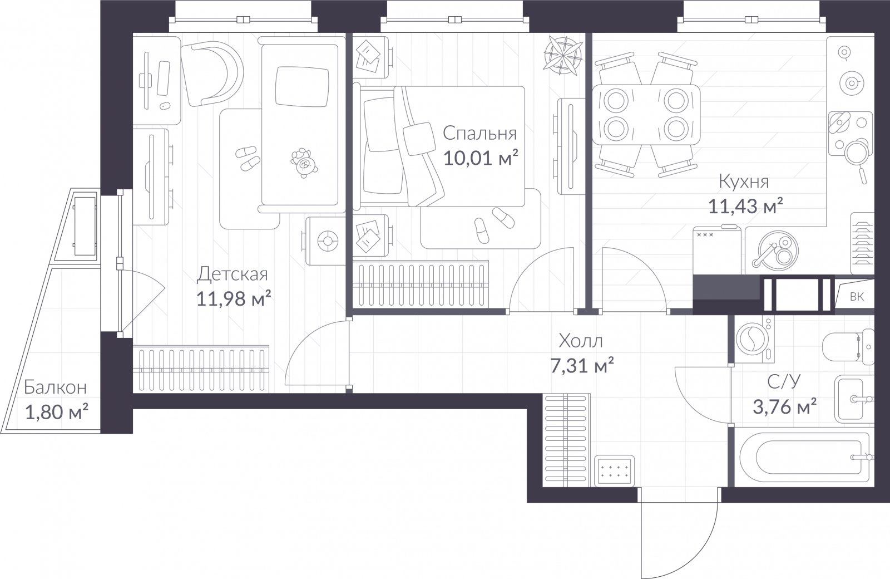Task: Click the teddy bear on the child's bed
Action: [303, 163]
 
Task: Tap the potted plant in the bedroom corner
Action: [563, 54]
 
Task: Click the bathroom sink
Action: [851, 399]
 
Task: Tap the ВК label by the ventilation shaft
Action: [857, 297]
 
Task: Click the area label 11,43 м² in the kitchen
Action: [745, 207]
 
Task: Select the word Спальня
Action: [479, 134]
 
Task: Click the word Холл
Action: [581, 341]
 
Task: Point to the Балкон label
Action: [55, 387]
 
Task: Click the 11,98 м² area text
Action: [233, 299]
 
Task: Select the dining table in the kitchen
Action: [646, 115]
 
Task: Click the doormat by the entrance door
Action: [615, 470]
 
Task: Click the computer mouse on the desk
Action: [165, 105]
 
